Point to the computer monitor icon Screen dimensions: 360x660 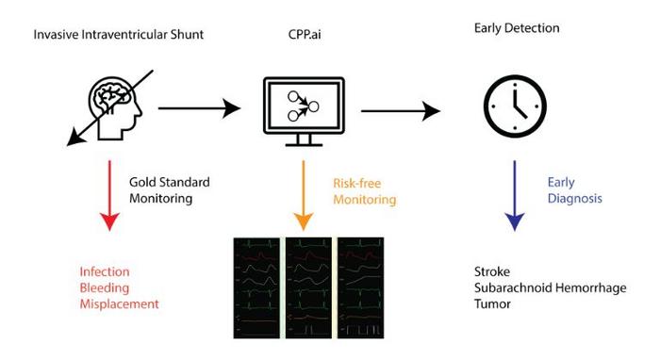[x=303, y=111]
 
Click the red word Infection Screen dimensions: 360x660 [x=105, y=271]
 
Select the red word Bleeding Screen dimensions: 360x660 [x=104, y=287]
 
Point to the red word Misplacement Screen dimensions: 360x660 [x=119, y=303]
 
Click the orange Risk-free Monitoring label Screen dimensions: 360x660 [x=364, y=192]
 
